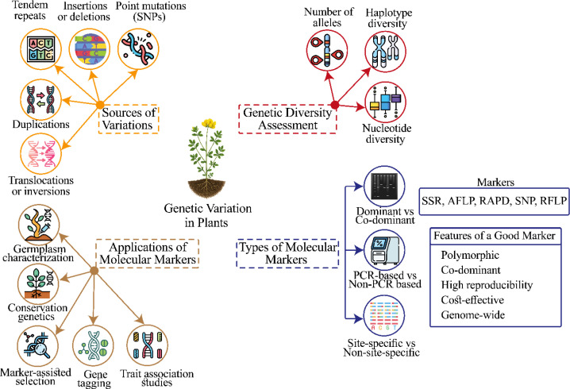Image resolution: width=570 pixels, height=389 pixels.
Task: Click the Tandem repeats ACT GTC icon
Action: tap(40, 49)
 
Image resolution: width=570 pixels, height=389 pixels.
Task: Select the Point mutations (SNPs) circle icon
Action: tap(138, 48)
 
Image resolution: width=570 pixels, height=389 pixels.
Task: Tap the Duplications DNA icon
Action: tap(40, 99)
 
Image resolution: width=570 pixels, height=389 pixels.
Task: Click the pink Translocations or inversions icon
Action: tap(40, 154)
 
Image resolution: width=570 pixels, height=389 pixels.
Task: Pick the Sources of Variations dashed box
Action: tap(129, 119)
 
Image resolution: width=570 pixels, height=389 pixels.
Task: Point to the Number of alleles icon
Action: tap(327, 51)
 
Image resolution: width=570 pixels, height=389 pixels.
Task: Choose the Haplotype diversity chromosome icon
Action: tap(385, 52)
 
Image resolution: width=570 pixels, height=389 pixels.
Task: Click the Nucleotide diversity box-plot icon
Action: tap(385, 102)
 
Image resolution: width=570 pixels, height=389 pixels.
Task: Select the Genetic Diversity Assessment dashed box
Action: tap(287, 119)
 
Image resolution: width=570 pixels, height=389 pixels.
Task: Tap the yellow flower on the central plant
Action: tap(209, 123)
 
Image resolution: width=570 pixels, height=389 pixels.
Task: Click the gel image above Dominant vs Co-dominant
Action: tap(384, 187)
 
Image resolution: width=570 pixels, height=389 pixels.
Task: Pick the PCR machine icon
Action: tap(384, 250)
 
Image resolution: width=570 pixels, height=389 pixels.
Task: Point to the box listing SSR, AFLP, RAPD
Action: tap(494, 201)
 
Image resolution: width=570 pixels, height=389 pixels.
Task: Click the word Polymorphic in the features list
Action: tap(470, 255)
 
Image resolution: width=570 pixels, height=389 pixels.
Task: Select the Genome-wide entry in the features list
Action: tap(473, 315)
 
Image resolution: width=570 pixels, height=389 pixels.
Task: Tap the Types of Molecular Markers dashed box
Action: tap(287, 253)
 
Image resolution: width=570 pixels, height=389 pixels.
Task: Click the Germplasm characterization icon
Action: tap(39, 225)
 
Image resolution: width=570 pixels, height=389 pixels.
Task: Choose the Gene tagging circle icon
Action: tap(93, 345)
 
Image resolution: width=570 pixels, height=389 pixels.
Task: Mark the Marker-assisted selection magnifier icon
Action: tap(38, 345)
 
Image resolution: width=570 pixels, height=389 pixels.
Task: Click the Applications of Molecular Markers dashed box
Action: tap(148, 253)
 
